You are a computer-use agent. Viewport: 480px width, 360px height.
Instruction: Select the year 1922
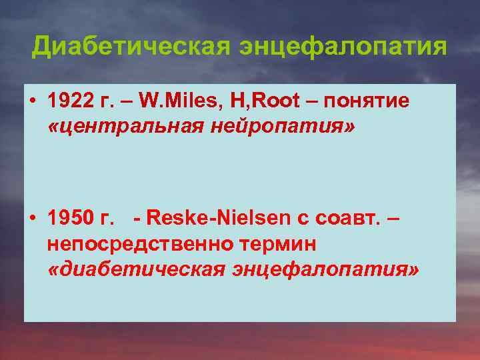click(x=69, y=101)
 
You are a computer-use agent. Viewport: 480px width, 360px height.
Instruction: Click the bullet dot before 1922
click(x=32, y=101)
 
